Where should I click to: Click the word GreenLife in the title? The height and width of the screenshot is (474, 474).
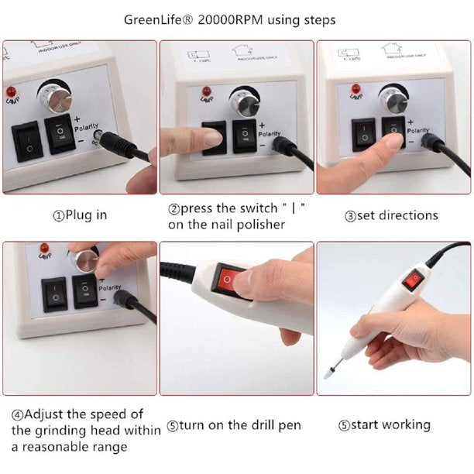tap(161, 19)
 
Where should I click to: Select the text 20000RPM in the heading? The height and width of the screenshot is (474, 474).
tap(233, 19)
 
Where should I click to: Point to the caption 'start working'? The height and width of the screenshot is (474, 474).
tap(390, 424)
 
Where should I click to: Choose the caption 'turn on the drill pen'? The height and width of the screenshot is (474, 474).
tap(234, 425)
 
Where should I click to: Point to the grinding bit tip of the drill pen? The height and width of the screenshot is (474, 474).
tap(328, 372)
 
